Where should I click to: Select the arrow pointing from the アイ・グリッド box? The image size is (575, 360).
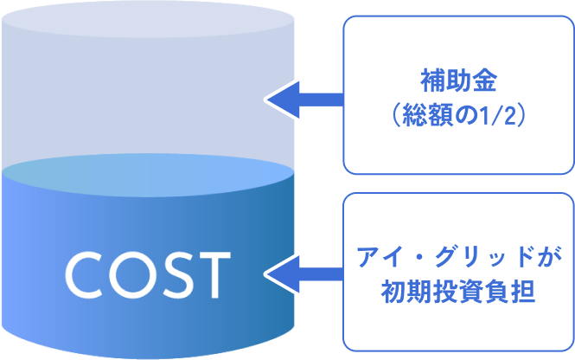pyautogui.click(x=302, y=274)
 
